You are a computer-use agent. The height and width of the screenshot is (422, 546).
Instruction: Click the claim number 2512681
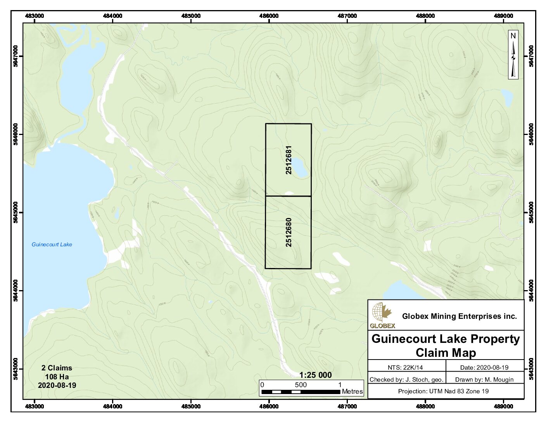click(x=289, y=160)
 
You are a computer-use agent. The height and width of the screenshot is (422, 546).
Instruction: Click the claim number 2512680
click(x=289, y=232)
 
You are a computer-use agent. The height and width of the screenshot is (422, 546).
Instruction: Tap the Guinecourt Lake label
click(x=52, y=244)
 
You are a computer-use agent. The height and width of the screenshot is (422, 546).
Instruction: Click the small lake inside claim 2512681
click(x=300, y=168)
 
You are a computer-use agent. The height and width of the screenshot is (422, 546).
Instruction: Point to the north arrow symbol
click(x=513, y=55)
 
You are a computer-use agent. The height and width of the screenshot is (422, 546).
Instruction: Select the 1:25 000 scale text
click(x=315, y=375)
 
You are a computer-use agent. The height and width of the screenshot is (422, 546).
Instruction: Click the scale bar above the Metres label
click(x=301, y=392)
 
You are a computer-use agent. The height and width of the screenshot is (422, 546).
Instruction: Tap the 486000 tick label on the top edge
click(x=269, y=16)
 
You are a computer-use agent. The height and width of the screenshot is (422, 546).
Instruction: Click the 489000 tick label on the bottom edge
click(x=503, y=406)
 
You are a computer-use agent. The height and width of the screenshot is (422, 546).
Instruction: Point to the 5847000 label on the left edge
click(x=16, y=56)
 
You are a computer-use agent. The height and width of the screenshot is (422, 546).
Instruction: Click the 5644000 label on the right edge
click(x=531, y=291)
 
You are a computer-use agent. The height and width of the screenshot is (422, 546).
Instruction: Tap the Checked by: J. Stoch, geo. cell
click(x=406, y=379)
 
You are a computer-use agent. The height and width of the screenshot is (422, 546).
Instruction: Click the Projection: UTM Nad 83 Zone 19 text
click(x=443, y=391)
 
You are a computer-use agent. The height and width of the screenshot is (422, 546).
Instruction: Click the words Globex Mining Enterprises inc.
click(x=459, y=316)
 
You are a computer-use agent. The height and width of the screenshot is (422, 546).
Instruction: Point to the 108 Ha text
click(x=57, y=377)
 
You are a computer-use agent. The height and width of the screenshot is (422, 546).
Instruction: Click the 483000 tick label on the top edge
click(x=35, y=16)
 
